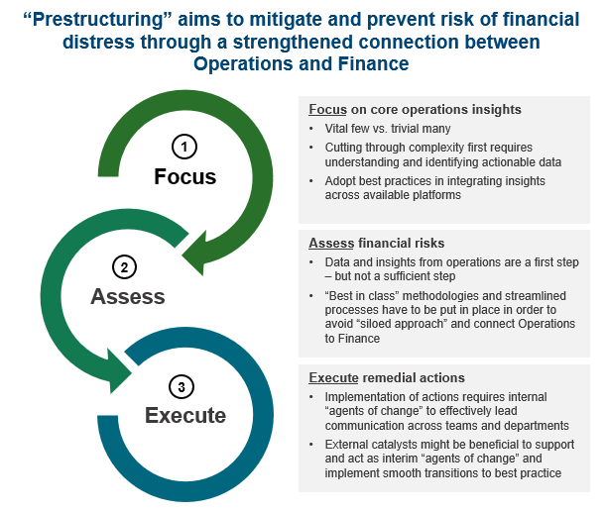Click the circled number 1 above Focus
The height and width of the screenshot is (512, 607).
tap(184, 147)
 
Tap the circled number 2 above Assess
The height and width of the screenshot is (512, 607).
tap(124, 267)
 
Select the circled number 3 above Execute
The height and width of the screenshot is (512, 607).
tap(182, 387)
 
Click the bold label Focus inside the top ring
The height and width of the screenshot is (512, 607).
tap(185, 176)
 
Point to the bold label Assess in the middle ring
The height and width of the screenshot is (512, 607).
tap(128, 296)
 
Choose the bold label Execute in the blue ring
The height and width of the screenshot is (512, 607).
tap(185, 415)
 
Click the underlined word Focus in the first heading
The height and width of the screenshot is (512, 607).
tap(328, 109)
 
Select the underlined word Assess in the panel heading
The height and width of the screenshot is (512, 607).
tap(331, 243)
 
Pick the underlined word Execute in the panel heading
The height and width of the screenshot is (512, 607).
tap(333, 377)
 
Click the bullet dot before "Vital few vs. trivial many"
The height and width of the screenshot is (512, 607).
tap(311, 129)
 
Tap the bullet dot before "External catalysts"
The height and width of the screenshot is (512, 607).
tap(311, 445)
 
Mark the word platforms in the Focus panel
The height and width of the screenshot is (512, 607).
tap(436, 195)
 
